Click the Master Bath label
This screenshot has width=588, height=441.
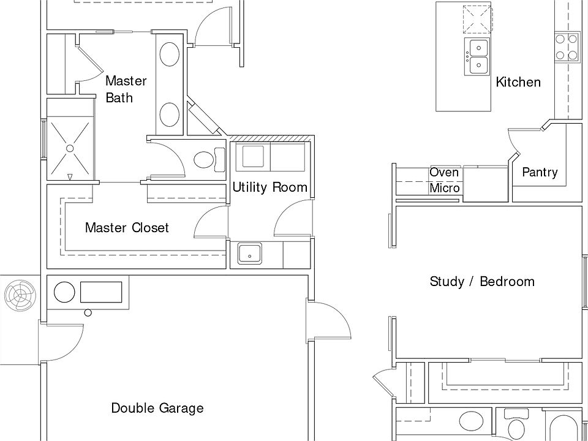tap(126, 89)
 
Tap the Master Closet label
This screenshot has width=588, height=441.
tap(127, 227)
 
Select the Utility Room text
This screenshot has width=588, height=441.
tap(269, 187)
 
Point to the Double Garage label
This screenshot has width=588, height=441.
tap(157, 408)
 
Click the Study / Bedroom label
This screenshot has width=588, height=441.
tap(482, 281)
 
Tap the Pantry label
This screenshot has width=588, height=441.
tap(540, 172)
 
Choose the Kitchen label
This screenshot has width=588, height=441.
tap(518, 81)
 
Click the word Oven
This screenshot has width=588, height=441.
tap(444, 173)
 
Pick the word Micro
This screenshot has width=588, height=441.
tap(445, 187)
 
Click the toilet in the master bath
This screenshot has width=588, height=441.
tap(209, 160)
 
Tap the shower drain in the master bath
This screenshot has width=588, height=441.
tap(70, 148)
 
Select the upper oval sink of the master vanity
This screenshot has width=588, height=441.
tap(170, 55)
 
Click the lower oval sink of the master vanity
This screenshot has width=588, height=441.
tap(170, 115)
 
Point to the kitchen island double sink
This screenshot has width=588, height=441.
tap(478, 56)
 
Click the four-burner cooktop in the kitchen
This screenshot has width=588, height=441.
tap(566, 48)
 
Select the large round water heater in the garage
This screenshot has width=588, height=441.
tap(64, 292)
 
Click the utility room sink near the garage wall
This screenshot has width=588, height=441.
tap(250, 254)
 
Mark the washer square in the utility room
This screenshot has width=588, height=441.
tap(253, 156)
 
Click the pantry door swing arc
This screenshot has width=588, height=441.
tap(512, 141)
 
